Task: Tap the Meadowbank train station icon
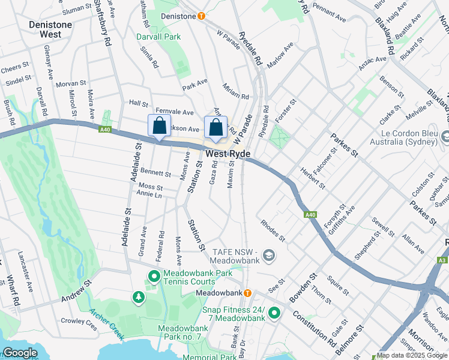pos(247,293)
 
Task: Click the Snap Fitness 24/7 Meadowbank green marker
pos(274,313)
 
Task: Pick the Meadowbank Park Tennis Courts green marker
pos(153,277)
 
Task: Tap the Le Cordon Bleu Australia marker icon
pos(445,137)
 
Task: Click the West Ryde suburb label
pos(228,154)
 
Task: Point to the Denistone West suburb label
pos(51,29)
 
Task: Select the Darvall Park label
pos(158,37)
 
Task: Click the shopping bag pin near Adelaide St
pos(159,127)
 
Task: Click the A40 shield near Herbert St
pos(310,215)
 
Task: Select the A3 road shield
pos(442,260)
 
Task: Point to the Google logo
pos(20,353)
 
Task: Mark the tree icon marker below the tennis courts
pos(139,297)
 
